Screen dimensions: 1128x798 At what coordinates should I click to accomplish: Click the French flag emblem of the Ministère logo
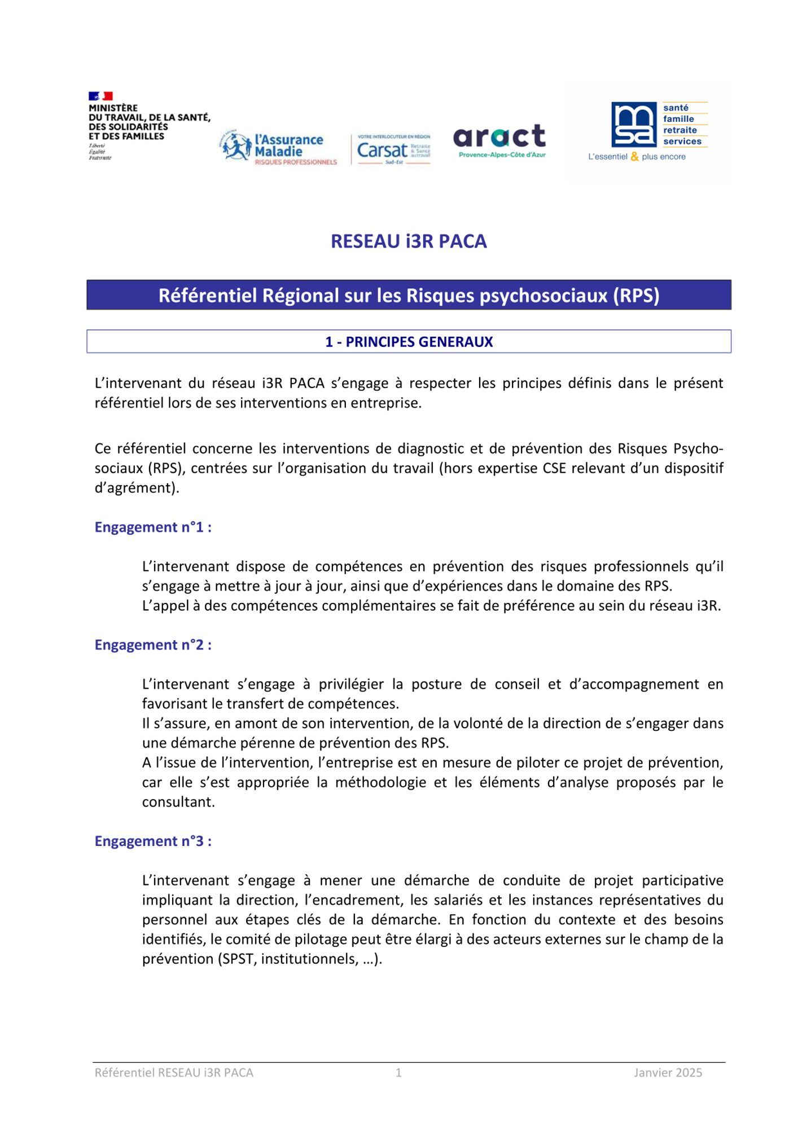pyautogui.click(x=100, y=96)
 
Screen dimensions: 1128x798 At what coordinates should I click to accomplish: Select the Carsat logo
pyautogui.click(x=393, y=150)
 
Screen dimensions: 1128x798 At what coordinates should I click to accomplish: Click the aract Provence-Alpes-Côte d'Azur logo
pyautogui.click(x=500, y=141)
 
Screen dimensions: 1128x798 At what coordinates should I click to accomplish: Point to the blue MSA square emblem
pyautogui.click(x=634, y=125)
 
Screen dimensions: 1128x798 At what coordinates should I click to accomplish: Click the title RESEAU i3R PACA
pyautogui.click(x=409, y=241)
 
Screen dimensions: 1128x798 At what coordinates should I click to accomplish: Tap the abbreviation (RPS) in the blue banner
pyautogui.click(x=637, y=296)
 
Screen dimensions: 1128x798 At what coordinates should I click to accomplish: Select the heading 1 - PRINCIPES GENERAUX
pyautogui.click(x=409, y=342)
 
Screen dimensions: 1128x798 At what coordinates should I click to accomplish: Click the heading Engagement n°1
pyautogui.click(x=153, y=527)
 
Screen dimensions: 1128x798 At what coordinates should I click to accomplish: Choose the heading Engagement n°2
pyautogui.click(x=153, y=645)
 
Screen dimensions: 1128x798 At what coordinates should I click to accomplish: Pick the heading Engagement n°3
pyautogui.click(x=153, y=841)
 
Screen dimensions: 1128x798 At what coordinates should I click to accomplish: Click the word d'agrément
pyautogui.click(x=135, y=488)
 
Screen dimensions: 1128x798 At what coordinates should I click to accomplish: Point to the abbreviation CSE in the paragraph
pyautogui.click(x=554, y=469)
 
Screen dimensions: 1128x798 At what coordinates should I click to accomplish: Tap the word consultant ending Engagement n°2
pyautogui.click(x=178, y=802)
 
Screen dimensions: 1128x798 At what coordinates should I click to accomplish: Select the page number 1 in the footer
pyautogui.click(x=398, y=1073)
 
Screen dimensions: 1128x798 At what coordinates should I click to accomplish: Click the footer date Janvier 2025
pyautogui.click(x=668, y=1073)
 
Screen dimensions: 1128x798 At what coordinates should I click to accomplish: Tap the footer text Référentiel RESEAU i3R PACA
pyautogui.click(x=174, y=1073)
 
